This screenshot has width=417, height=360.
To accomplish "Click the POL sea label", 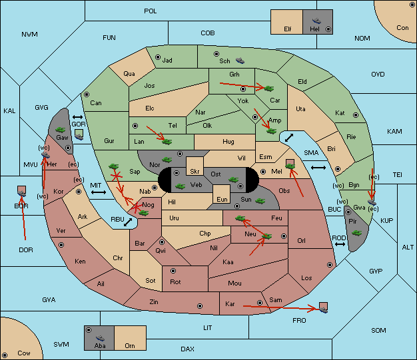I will [151, 11].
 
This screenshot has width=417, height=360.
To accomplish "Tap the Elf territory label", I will [288, 29].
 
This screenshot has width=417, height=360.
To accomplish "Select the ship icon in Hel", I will [315, 21].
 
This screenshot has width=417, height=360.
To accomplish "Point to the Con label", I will [402, 28].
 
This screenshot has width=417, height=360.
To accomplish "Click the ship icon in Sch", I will [240, 61].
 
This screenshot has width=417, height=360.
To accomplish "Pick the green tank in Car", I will [270, 88].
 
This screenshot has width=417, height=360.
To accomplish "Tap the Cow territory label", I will [24, 353].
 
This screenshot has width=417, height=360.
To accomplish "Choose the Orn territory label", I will [129, 346].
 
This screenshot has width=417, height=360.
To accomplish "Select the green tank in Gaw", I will [61, 128].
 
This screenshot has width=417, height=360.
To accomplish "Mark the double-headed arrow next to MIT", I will [99, 192].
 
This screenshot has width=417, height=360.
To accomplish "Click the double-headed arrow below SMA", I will [318, 168].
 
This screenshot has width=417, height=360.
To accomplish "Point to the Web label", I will [196, 184].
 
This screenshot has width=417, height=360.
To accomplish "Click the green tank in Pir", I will [357, 232].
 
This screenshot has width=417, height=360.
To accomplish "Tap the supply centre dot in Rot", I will [172, 271].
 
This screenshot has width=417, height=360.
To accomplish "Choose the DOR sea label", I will [25, 250].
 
